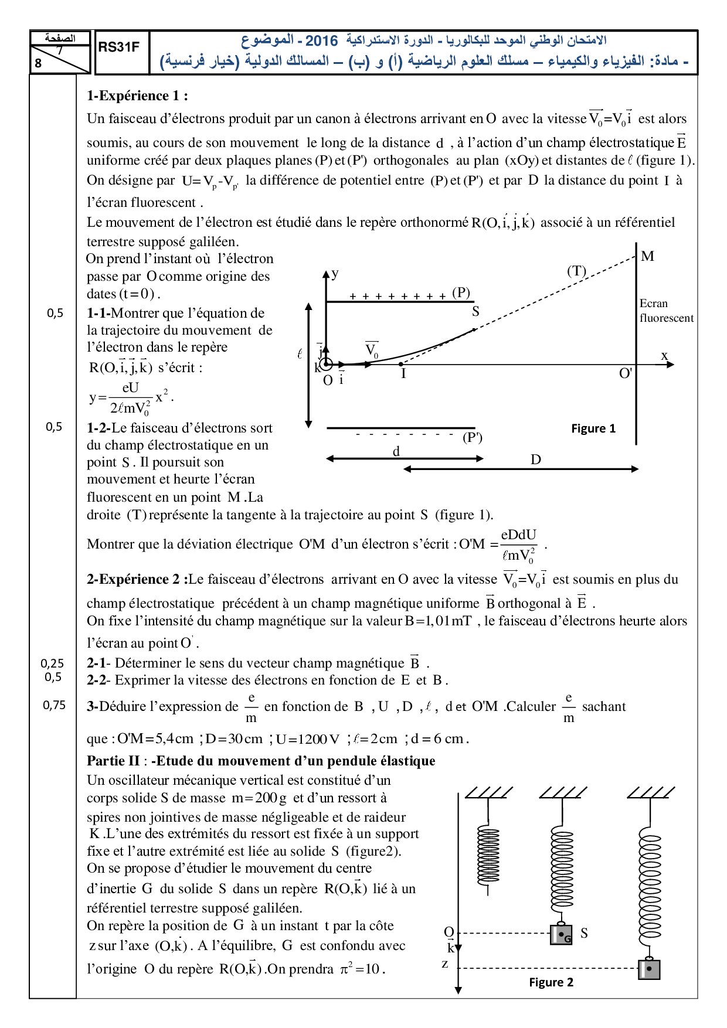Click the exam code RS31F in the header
pos(118,47)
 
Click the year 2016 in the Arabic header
pos(322,40)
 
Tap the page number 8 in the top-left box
pos(38,63)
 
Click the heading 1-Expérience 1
pos(137,96)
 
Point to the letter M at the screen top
pos(647,256)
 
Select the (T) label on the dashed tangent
pos(576,271)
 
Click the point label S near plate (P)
pos(475,312)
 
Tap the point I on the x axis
pos(403,373)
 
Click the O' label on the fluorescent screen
pos(626,373)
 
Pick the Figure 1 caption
pos(593,428)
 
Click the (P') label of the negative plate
pos(473,437)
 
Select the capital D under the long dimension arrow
pos(536,459)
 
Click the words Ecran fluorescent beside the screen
pos(666,311)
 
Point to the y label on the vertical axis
pos(335,274)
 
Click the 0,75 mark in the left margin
pos(54,705)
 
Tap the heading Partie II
pos(113,761)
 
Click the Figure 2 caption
pos(551,982)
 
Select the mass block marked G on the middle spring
pos(561,934)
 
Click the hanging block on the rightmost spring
pos(649,969)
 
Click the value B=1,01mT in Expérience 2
pos(438,621)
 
